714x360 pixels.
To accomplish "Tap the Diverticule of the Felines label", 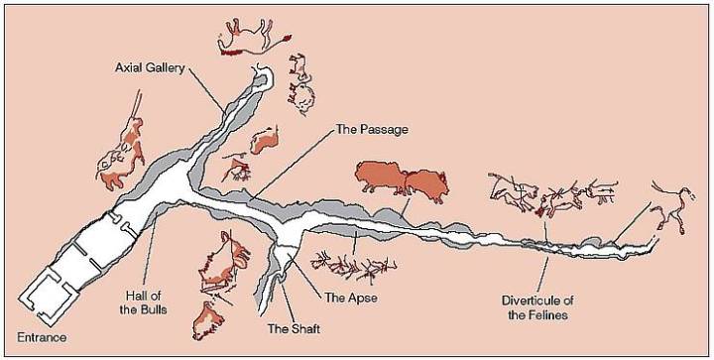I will (543, 308).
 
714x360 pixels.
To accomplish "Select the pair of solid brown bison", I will (402, 181).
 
